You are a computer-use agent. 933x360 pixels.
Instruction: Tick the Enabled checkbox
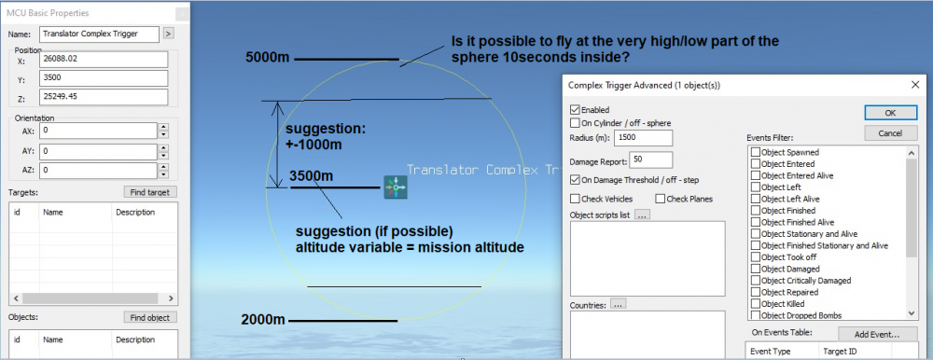point(575,110)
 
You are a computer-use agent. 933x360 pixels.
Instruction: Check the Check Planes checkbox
point(661,200)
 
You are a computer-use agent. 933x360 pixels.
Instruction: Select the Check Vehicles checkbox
point(575,200)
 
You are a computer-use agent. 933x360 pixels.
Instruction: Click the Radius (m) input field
point(644,138)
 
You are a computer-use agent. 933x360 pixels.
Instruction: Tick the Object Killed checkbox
point(756,304)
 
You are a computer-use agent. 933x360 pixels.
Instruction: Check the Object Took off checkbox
point(756,257)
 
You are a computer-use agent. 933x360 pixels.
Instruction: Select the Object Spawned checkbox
point(756,152)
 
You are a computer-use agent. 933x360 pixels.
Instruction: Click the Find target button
point(150,192)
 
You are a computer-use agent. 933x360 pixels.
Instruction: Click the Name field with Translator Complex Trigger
point(100,35)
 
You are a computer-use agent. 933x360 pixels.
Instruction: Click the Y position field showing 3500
point(104,78)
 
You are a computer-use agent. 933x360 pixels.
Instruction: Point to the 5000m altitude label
point(268,58)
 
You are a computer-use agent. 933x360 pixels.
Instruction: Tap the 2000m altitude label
point(263,320)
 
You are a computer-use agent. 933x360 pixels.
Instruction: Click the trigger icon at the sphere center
point(395,187)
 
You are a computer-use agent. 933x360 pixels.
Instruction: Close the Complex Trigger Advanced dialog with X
point(915,85)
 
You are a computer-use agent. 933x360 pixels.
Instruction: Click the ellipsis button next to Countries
point(619,305)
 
